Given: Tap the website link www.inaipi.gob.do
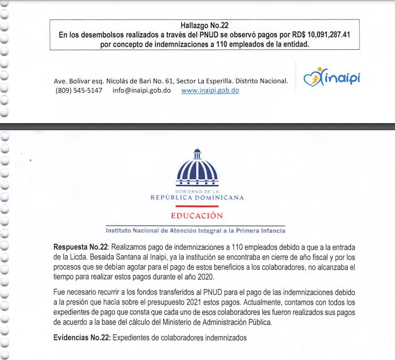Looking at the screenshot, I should coord(210,90).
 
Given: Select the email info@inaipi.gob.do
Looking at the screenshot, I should coord(142,90).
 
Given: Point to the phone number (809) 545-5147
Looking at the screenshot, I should coord(78,90).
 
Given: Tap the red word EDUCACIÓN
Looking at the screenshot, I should coord(197,215).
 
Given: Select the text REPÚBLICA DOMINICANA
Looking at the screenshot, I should coord(197,197).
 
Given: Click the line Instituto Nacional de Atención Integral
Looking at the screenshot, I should coord(195,230).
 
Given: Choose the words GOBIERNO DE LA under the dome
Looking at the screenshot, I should coord(197,191).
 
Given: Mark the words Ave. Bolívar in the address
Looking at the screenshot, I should coord(72,81).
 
